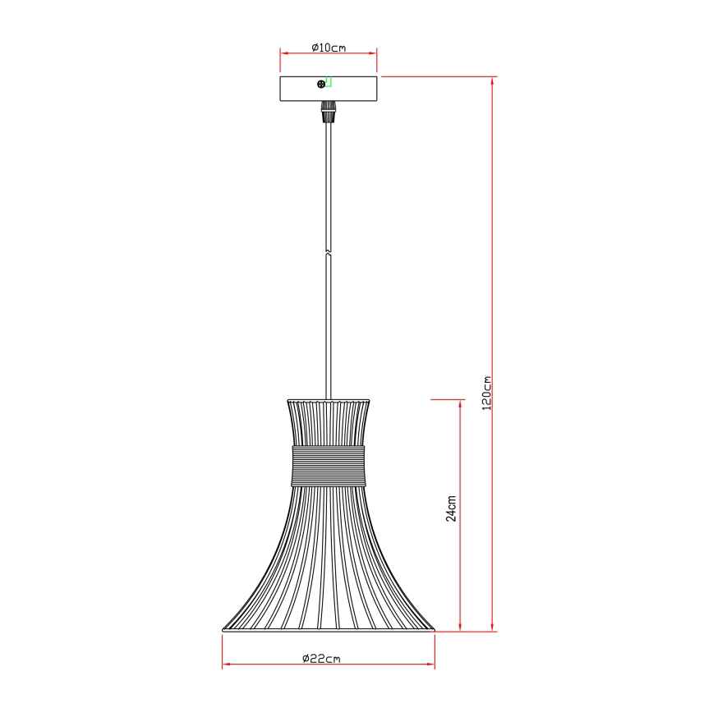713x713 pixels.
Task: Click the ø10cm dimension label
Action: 329,48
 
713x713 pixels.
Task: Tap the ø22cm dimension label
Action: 321,658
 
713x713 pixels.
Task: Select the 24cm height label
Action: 451,508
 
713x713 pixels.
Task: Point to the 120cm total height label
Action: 486,393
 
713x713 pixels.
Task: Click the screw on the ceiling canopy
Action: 321,84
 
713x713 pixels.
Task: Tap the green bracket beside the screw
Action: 329,82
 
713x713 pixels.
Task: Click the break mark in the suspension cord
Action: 329,252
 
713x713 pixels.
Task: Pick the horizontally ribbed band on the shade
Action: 328,466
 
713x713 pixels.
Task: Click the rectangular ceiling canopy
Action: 329,89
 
